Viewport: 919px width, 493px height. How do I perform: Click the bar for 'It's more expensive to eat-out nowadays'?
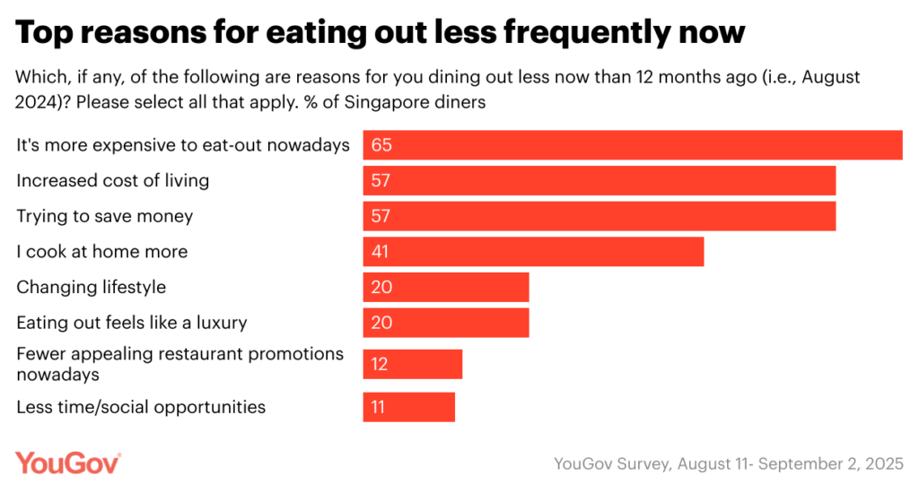tap(632, 145)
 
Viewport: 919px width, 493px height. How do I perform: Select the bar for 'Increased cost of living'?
tap(599, 181)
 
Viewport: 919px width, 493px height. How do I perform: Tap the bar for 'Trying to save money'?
tap(599, 217)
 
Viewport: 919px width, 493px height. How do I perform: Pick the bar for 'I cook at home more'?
tap(533, 252)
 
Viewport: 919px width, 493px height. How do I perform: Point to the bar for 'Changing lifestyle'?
tap(445, 288)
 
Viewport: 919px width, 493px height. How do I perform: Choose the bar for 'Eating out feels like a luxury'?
tap(445, 323)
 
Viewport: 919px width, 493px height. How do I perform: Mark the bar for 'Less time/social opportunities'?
tap(408, 407)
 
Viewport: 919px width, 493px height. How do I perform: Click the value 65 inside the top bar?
tap(382, 145)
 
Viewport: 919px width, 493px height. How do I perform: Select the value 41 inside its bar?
tap(381, 252)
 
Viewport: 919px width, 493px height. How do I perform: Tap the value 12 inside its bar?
tap(381, 365)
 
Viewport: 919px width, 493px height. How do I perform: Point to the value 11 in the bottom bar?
tap(379, 407)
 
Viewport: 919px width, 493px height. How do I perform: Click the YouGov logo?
tap(68, 463)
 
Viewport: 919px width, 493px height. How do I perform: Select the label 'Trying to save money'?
tap(105, 216)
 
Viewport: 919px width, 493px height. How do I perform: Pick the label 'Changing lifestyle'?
tap(92, 288)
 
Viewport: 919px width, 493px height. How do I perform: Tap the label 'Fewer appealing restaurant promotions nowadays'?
tap(179, 363)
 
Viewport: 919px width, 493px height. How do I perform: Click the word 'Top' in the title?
tap(44, 33)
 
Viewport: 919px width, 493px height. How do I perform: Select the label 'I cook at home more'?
tap(102, 252)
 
